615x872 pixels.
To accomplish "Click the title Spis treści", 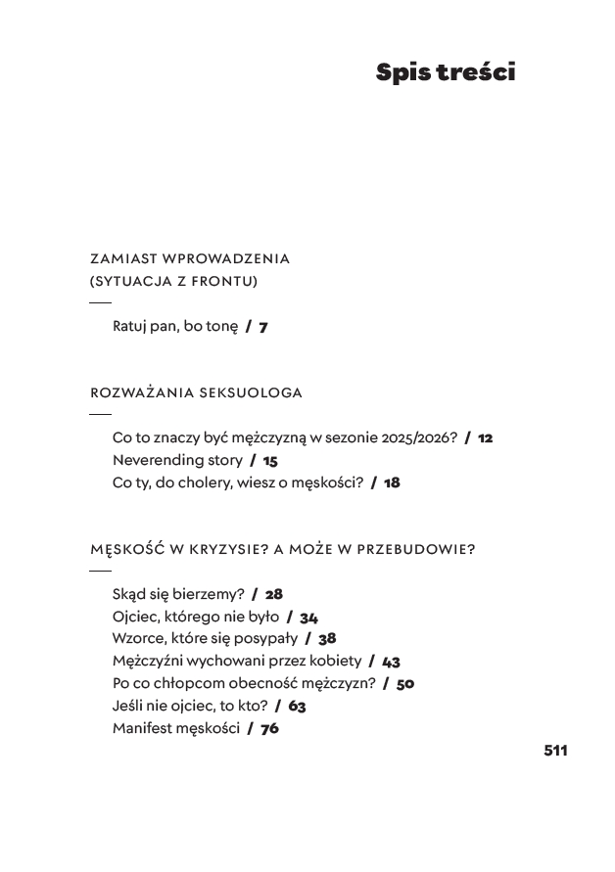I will pyautogui.click(x=445, y=72).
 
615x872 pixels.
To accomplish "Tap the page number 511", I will pyautogui.click(x=555, y=751).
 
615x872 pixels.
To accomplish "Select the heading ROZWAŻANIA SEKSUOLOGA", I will pyautogui.click(x=196, y=393).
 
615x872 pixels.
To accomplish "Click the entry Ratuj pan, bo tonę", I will pyautogui.click(x=175, y=327).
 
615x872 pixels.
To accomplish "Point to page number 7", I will pyautogui.click(x=263, y=327).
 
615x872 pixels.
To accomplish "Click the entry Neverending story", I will pyautogui.click(x=177, y=460).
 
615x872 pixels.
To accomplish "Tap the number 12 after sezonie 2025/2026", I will pyautogui.click(x=485, y=438).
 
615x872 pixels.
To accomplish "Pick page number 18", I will pyautogui.click(x=392, y=482).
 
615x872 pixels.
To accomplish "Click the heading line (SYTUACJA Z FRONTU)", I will pyautogui.click(x=173, y=282).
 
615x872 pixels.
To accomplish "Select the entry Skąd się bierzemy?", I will pyautogui.click(x=178, y=594).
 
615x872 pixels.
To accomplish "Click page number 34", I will pyautogui.click(x=309, y=617).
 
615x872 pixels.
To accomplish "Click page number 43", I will pyautogui.click(x=391, y=662).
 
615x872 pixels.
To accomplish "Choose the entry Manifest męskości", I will pyautogui.click(x=176, y=728).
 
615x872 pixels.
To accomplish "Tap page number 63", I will pyautogui.click(x=298, y=706).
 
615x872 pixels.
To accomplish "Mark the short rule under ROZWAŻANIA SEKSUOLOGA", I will pyautogui.click(x=100, y=415).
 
